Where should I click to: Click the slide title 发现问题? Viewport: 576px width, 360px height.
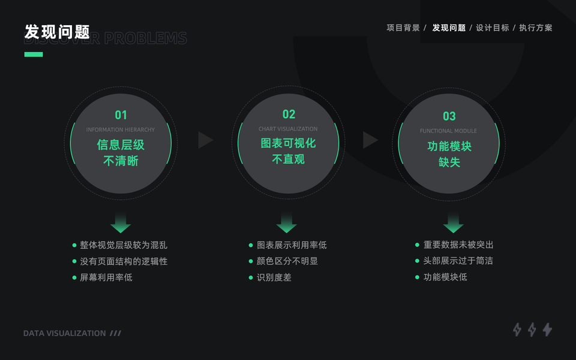pyautogui.click(x=57, y=32)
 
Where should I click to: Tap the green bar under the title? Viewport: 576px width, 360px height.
pyautogui.click(x=34, y=55)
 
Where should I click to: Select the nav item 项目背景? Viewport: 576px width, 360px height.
pyautogui.click(x=403, y=28)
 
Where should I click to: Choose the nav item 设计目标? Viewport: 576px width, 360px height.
pyautogui.click(x=492, y=28)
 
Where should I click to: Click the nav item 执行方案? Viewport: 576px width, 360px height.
pyautogui.click(x=536, y=28)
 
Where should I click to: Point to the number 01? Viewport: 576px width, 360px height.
pyautogui.click(x=121, y=115)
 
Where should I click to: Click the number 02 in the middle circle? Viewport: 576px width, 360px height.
pyautogui.click(x=289, y=114)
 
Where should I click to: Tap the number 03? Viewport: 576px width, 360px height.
pyautogui.click(x=449, y=116)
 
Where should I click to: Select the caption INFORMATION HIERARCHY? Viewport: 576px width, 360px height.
pyautogui.click(x=121, y=130)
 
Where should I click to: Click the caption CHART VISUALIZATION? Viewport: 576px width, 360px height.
pyautogui.click(x=288, y=129)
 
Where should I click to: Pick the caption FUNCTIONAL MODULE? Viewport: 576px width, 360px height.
pyautogui.click(x=449, y=131)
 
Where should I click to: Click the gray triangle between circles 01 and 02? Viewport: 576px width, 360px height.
pyautogui.click(x=205, y=140)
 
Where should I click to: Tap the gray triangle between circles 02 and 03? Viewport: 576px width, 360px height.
pyautogui.click(x=370, y=140)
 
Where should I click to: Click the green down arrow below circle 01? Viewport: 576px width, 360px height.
pyautogui.click(x=121, y=223)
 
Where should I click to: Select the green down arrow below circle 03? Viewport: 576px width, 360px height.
pyautogui.click(x=453, y=223)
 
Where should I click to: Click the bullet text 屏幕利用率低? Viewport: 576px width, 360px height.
pyautogui.click(x=106, y=278)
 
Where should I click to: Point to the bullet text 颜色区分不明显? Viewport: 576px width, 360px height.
pyautogui.click(x=287, y=261)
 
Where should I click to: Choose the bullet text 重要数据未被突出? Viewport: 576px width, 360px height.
pyautogui.click(x=458, y=245)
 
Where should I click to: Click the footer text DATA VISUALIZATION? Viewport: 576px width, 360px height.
pyautogui.click(x=65, y=333)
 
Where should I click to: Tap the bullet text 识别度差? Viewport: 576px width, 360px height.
pyautogui.click(x=274, y=278)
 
